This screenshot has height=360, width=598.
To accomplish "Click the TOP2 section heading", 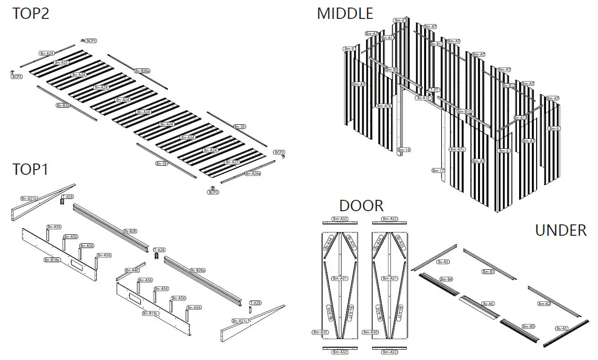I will pos(31,13).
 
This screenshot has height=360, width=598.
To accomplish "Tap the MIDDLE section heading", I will pos(345,13).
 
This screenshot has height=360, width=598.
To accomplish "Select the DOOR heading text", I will pos(361,206).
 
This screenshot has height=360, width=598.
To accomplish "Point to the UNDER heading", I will pos(561,231).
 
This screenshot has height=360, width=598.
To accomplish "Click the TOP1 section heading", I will pos(31,169).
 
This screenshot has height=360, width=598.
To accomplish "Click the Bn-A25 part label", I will pos(61,62).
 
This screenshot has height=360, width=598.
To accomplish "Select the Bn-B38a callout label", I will pos(142,71).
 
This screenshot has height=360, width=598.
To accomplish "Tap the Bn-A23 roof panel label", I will pos(232,162).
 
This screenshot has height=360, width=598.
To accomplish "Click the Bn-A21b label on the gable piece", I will pos(29,198).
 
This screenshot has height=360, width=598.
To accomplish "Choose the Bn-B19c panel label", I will pos(151,313).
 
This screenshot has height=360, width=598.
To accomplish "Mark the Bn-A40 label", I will pos(132,270).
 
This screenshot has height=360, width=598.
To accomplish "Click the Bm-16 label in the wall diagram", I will pos(404,150).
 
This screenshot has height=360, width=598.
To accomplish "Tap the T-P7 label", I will pos(434,90).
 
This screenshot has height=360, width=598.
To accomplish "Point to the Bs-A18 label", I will pos(424,98).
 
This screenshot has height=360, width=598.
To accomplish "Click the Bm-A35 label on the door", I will pos(320,332).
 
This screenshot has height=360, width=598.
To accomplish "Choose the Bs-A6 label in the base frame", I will pos(488,304).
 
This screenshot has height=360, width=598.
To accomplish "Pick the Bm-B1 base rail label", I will pos(488,272).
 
